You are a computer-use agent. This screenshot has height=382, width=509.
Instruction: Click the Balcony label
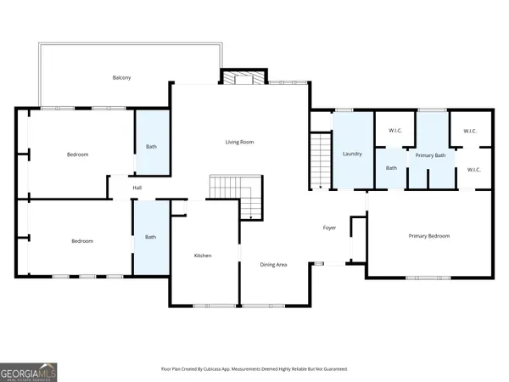click(121, 77)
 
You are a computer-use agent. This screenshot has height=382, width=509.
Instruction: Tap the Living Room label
click(239, 142)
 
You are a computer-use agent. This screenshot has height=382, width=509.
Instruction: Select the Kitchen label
click(202, 256)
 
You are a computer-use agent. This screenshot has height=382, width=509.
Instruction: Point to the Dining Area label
click(273, 265)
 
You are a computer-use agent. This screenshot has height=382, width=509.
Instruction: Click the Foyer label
click(330, 228)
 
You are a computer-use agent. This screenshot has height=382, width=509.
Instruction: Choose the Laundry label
click(352, 154)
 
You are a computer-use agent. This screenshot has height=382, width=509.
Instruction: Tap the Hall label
click(136, 188)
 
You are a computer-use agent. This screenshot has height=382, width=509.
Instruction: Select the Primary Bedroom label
click(428, 236)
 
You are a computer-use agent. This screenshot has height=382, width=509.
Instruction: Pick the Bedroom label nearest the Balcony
click(78, 154)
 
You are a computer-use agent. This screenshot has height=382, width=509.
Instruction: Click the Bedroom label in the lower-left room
click(81, 241)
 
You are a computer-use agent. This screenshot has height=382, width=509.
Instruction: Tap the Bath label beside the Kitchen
click(150, 237)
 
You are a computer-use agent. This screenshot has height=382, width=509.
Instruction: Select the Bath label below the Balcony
click(151, 147)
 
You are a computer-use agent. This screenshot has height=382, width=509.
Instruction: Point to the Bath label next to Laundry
click(391, 168)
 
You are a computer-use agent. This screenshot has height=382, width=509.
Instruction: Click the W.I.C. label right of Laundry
click(394, 131)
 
